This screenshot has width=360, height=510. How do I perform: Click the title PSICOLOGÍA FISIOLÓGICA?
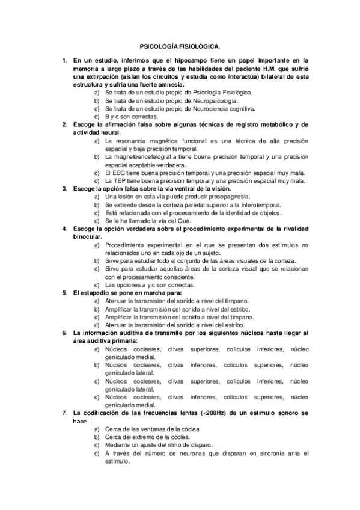point(180,46)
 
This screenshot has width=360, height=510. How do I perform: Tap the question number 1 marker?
point(65,61)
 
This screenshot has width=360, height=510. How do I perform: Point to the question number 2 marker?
point(65,124)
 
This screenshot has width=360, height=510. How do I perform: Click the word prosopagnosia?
point(225,196)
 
